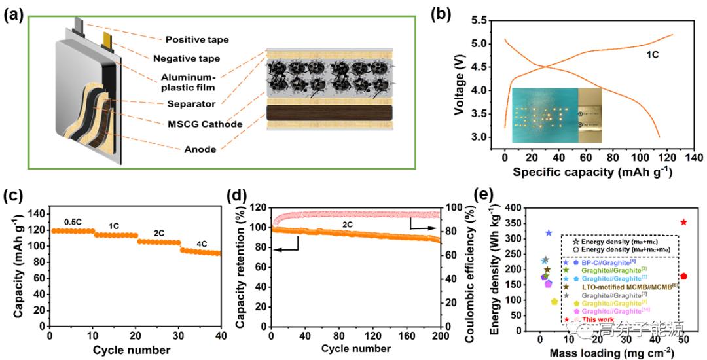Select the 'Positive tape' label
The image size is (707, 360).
pyautogui.click(x=197, y=40)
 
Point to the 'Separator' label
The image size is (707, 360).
pyautogui.click(x=189, y=103)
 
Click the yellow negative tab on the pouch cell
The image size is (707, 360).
pyautogui.click(x=107, y=42)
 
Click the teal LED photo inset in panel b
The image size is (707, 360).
pyautogui.click(x=545, y=115)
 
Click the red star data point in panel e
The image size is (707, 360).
pyautogui.click(x=683, y=222)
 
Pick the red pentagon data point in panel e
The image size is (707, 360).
pyautogui.click(x=683, y=276)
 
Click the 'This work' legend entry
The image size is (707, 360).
pyautogui.click(x=588, y=319)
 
